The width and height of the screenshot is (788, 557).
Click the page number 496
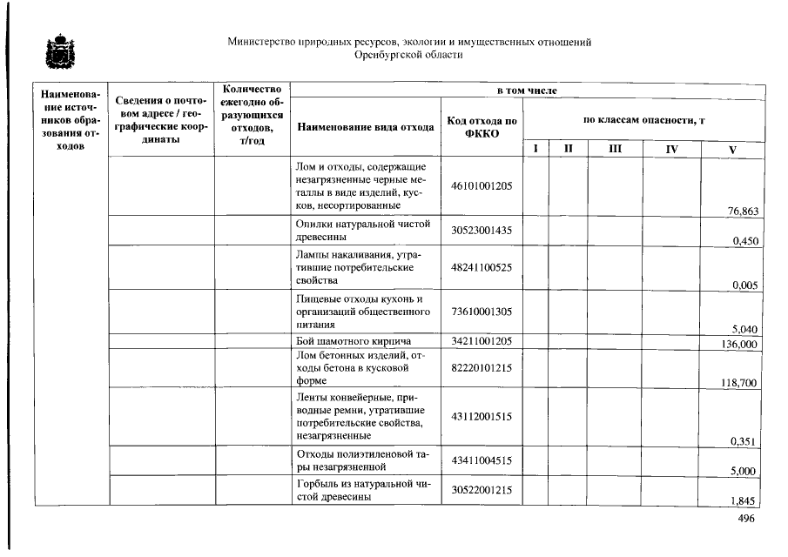coord(746,518)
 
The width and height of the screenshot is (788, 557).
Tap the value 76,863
coord(743,211)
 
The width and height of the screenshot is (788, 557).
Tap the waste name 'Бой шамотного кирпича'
coord(354,340)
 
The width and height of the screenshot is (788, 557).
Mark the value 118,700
coord(739,382)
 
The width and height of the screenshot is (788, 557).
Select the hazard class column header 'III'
coord(616,149)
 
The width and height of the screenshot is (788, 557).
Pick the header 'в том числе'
coord(527,91)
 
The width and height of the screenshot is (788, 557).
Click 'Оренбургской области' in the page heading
coord(408,55)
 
